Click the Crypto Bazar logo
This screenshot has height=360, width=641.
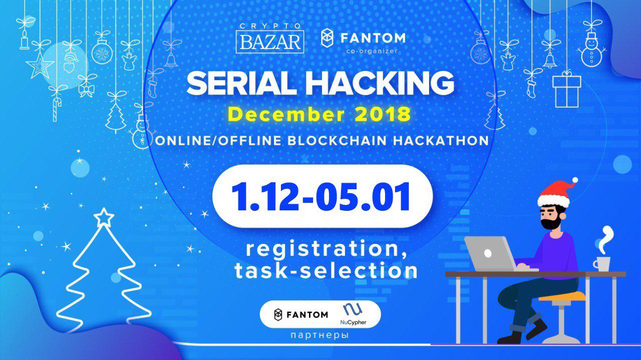(x=270, y=39)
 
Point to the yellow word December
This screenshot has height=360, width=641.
(x=286, y=115)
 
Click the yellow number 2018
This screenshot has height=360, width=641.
(x=382, y=115)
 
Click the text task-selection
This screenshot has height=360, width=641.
(x=326, y=271)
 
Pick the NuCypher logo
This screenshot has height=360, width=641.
(x=353, y=314)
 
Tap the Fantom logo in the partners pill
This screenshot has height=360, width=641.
(x=301, y=315)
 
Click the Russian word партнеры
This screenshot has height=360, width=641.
(x=319, y=335)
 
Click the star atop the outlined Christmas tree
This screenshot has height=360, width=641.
(x=104, y=218)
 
